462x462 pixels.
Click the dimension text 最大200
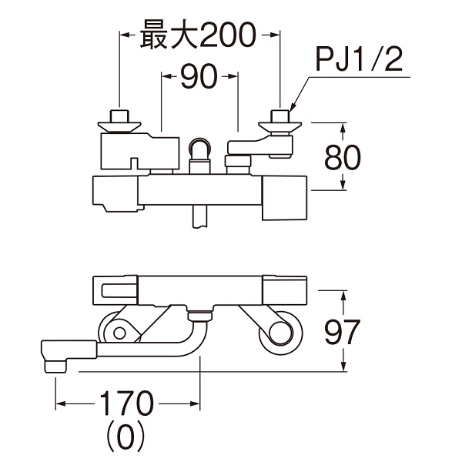[198, 35]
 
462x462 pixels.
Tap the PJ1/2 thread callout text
[360, 60]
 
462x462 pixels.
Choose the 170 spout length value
[127, 403]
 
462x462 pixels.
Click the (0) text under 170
[126, 437]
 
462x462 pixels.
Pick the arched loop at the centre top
[201, 148]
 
